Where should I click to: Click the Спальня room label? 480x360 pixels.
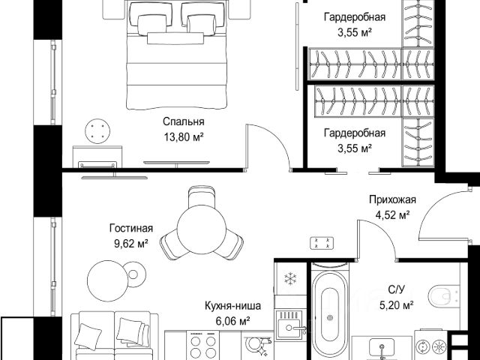(183, 121)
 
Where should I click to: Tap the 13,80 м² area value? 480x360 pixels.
(184, 136)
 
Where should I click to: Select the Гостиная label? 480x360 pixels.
(131, 228)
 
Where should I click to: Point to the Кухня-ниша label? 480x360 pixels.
(232, 305)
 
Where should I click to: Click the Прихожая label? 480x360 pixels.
(392, 199)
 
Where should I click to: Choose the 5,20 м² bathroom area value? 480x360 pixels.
(397, 305)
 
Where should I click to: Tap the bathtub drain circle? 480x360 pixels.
(330, 318)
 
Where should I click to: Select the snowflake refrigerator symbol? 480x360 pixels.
(289, 278)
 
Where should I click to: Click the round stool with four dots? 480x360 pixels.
(97, 130)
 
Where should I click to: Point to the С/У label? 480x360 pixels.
(397, 289)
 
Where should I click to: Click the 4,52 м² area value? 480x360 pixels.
(393, 215)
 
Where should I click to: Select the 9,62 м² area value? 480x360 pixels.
(131, 244)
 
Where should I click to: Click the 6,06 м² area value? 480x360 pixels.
(232, 321)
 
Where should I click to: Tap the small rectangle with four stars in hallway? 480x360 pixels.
(322, 243)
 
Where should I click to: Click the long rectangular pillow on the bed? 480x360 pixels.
(175, 38)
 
